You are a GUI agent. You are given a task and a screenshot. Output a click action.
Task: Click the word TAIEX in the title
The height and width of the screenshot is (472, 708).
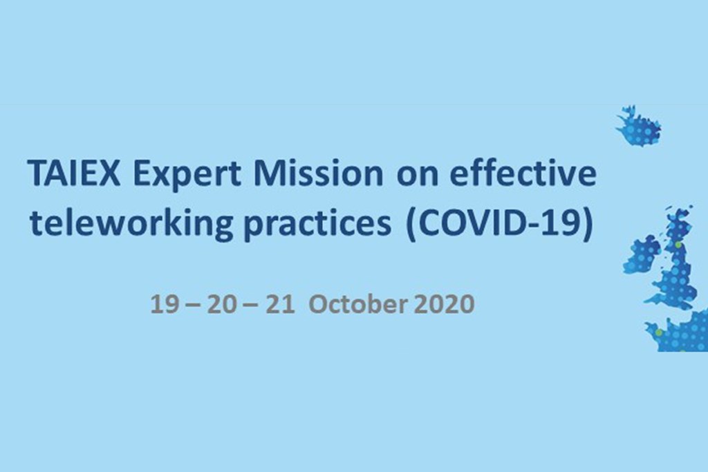point(74,173)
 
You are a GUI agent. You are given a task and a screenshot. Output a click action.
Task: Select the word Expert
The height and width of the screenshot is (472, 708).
point(187,175)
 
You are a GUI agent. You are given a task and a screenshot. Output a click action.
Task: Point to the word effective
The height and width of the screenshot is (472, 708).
point(523,173)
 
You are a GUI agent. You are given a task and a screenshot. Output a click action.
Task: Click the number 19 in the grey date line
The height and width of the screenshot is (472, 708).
point(164,303)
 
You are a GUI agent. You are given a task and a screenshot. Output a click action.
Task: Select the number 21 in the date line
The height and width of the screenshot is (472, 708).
point(280,303)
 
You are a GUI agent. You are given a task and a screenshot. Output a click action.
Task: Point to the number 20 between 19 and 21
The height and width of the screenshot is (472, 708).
point(222,303)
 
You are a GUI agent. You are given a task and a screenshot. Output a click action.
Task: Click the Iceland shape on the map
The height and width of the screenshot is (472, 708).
point(638,126)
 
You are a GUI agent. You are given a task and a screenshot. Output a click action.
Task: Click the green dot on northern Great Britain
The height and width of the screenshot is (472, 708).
point(678,245)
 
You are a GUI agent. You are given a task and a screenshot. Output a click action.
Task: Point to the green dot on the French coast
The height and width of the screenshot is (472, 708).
point(659,332)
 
